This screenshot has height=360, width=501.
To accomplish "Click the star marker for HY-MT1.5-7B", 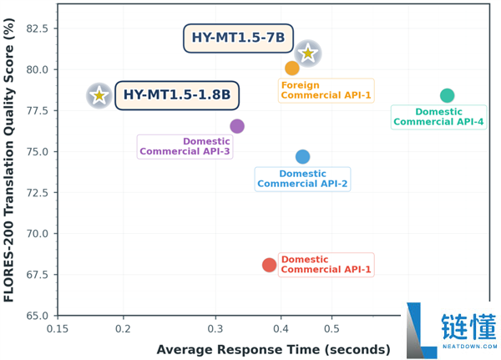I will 308,53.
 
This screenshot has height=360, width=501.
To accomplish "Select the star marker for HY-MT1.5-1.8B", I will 99,96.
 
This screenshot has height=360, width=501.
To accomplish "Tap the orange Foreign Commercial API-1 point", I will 292,68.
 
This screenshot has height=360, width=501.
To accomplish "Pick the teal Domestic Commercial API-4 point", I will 447,96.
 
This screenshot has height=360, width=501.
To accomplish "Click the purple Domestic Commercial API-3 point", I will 237,126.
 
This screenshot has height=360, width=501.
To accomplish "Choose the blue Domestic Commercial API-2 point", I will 302,157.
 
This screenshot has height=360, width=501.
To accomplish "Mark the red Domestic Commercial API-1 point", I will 269,265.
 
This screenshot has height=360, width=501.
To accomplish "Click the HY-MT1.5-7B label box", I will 238,38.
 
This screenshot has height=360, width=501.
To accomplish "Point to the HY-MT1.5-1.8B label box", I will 176,95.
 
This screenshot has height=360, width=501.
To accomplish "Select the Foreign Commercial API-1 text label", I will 326,90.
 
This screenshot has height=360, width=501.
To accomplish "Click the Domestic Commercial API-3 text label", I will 185,146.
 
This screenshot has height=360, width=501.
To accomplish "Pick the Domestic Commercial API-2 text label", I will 302,179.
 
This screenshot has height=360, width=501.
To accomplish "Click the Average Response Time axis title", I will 273,349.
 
